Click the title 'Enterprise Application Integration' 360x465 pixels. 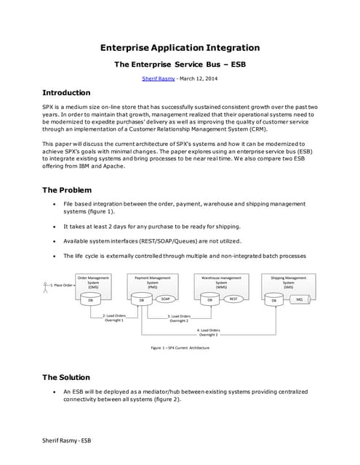point(180,48)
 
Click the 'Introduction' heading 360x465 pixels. point(66,93)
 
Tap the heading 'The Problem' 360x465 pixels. point(67,190)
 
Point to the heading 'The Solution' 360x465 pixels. point(66,377)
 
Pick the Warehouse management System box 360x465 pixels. point(220,283)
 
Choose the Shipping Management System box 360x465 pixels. point(288,283)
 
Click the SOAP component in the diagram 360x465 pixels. point(166,299)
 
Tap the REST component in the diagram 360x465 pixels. point(233,299)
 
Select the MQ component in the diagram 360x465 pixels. point(299,299)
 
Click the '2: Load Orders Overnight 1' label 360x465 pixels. point(114,318)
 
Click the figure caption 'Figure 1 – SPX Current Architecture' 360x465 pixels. point(180,348)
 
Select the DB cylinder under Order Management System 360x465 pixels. point(91,299)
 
